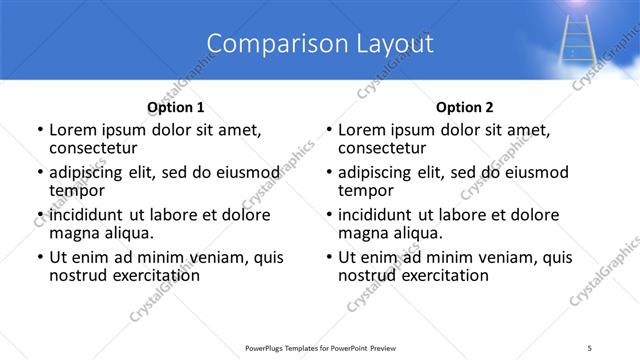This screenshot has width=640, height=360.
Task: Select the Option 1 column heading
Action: click(176, 107)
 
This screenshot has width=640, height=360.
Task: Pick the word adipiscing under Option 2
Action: click(379, 172)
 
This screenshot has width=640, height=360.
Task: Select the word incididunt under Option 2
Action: click(381, 215)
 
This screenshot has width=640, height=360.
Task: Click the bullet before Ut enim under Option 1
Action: click(40, 257)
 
